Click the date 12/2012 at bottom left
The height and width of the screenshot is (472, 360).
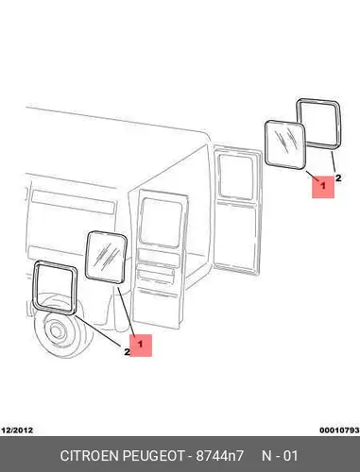(17, 430)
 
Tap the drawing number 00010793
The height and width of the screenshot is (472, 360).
(339, 430)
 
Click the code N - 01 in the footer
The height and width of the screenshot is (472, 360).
(280, 456)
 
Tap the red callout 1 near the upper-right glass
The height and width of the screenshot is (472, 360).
(323, 187)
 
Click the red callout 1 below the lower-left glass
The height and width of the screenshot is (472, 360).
(141, 346)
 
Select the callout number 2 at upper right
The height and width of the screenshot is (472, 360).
(338, 178)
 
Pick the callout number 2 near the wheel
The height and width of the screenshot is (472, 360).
(127, 352)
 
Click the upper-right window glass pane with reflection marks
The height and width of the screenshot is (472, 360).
(286, 144)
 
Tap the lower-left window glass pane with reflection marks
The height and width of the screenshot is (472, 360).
(106, 256)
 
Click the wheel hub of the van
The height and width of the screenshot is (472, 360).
(56, 330)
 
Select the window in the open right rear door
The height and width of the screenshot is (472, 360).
(235, 177)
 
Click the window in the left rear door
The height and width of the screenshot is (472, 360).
(161, 223)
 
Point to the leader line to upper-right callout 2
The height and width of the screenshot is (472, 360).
(334, 162)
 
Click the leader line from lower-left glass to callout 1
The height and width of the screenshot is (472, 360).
(127, 311)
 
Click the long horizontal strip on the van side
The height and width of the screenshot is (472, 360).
(74, 202)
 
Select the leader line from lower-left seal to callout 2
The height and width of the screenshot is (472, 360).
(98, 330)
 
